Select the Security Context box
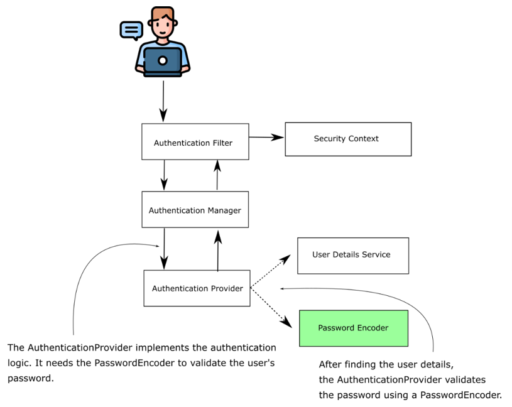tap(348, 139)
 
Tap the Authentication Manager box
tap(195, 210)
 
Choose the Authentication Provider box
tap(197, 288)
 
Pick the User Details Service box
tap(352, 255)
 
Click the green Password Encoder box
tap(353, 328)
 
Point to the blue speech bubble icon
tap(131, 30)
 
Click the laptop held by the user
tap(162, 61)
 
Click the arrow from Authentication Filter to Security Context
tap(266, 137)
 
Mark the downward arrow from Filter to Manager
tap(165, 175)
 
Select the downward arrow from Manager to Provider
tap(165, 248)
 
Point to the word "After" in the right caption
tap(331, 364)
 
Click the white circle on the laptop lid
tap(162, 60)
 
